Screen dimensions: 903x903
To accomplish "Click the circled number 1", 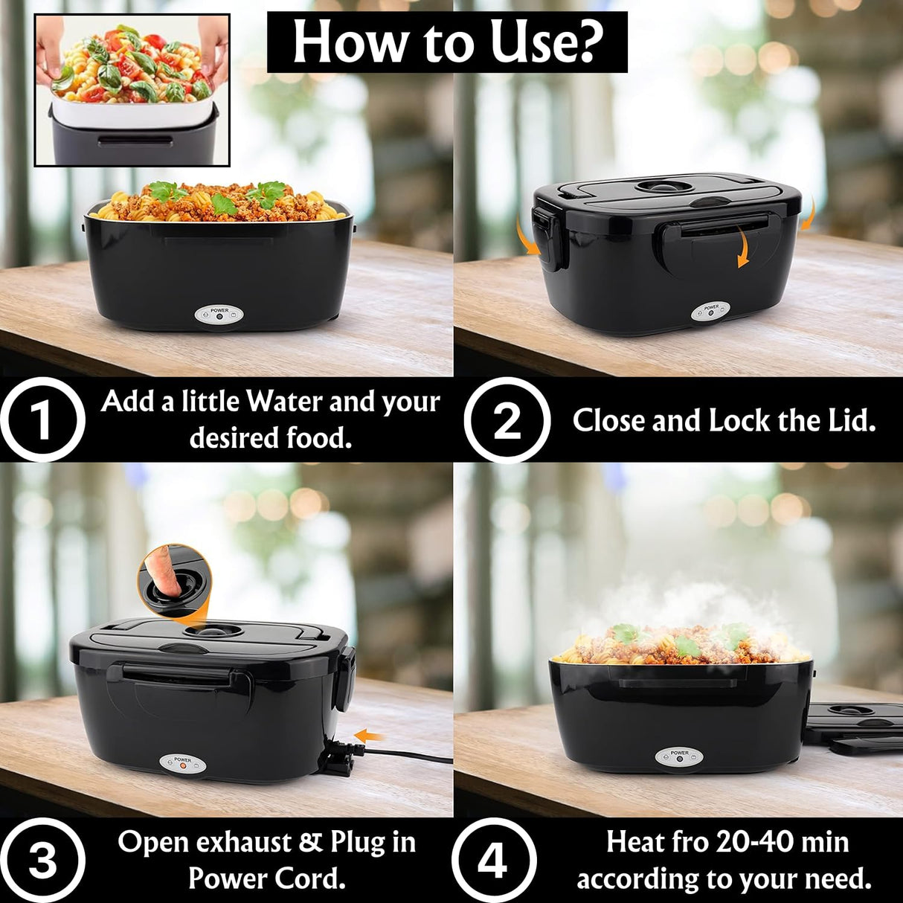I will coord(42,420).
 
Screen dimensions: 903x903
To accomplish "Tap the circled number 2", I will coord(507,421).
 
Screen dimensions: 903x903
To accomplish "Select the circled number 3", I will coord(42,861).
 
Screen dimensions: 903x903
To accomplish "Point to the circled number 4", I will coord(492,861).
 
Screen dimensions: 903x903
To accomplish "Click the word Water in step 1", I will coord(285,402).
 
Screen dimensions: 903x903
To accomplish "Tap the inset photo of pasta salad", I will coord(132,89).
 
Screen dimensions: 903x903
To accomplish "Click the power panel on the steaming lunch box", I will coord(679,757).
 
